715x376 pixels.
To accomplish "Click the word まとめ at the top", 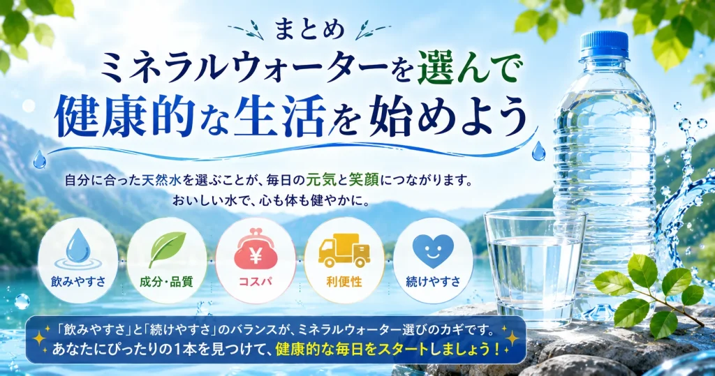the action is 309,31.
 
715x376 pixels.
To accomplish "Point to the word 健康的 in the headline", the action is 124,116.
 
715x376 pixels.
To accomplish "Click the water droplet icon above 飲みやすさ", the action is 78,248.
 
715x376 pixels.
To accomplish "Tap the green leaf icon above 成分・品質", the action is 168,249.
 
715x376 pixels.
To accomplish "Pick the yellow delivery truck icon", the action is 344,250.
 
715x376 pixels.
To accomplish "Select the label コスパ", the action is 256,282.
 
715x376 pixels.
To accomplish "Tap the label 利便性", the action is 344,282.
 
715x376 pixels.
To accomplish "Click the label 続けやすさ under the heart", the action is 433,282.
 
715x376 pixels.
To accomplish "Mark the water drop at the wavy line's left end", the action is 39,160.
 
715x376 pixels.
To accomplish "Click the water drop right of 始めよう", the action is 538,151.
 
